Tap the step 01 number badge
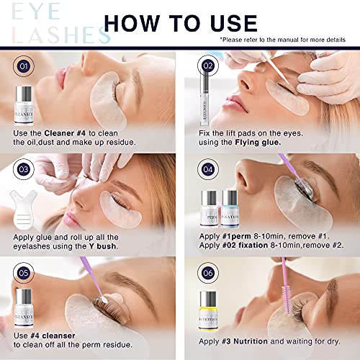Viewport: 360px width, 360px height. (23, 67)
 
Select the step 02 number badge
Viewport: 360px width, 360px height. (208, 67)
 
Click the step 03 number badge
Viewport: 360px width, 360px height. (23, 171)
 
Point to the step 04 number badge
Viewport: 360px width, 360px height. (208, 171)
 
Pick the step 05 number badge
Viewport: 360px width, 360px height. (23, 274)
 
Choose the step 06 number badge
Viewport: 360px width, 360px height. (208, 274)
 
